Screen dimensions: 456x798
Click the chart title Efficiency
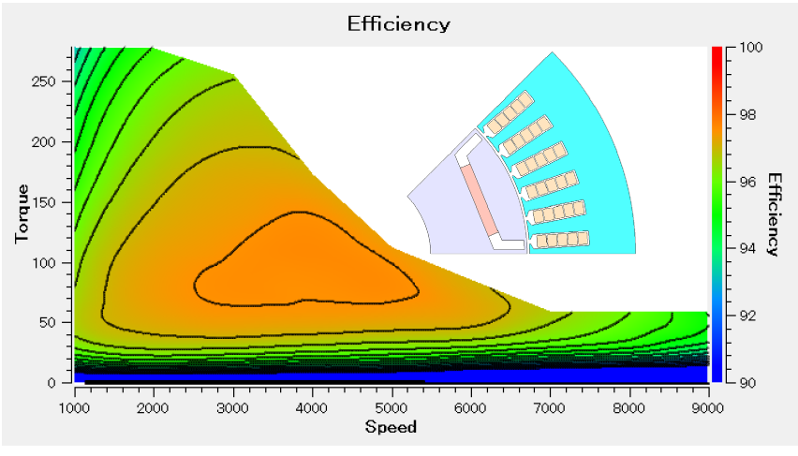398,23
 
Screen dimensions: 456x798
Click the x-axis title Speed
391,427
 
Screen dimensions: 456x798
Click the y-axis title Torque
22,215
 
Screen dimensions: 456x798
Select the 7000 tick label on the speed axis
550,407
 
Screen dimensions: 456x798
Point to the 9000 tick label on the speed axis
707,407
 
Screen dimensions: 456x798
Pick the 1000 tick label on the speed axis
74,407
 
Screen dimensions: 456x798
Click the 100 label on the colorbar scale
749,47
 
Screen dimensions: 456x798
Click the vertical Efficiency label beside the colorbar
774,214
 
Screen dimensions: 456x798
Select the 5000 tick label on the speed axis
391,407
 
